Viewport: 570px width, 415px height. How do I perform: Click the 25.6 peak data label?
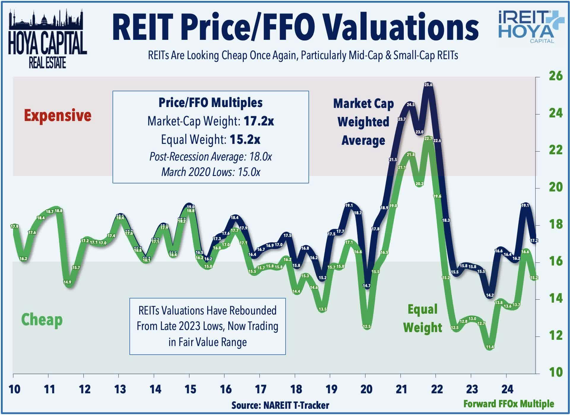click(x=428, y=85)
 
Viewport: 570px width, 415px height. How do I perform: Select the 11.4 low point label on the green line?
click(x=490, y=347)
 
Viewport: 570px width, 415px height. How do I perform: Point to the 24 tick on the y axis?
click(x=555, y=113)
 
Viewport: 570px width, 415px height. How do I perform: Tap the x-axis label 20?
click(x=366, y=389)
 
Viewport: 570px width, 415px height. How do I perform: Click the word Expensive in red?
click(x=58, y=115)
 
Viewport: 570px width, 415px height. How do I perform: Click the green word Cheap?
click(x=42, y=320)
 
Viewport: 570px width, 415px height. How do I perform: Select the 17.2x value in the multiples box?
click(x=259, y=121)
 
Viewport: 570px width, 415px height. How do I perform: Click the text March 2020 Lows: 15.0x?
click(x=210, y=172)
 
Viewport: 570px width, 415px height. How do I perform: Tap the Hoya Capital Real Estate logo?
click(x=47, y=39)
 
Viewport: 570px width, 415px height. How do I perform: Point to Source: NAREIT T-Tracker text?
click(x=280, y=405)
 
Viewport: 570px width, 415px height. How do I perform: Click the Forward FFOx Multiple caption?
click(x=509, y=404)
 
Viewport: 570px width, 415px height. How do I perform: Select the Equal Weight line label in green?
click(x=422, y=318)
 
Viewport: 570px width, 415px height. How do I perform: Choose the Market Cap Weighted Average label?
click(x=363, y=122)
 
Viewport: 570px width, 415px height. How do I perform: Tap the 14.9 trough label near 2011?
click(x=67, y=282)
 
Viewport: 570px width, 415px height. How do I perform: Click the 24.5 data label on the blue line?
click(x=411, y=105)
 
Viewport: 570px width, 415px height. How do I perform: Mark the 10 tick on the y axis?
click(x=555, y=372)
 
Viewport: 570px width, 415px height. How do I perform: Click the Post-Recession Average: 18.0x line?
click(x=210, y=156)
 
